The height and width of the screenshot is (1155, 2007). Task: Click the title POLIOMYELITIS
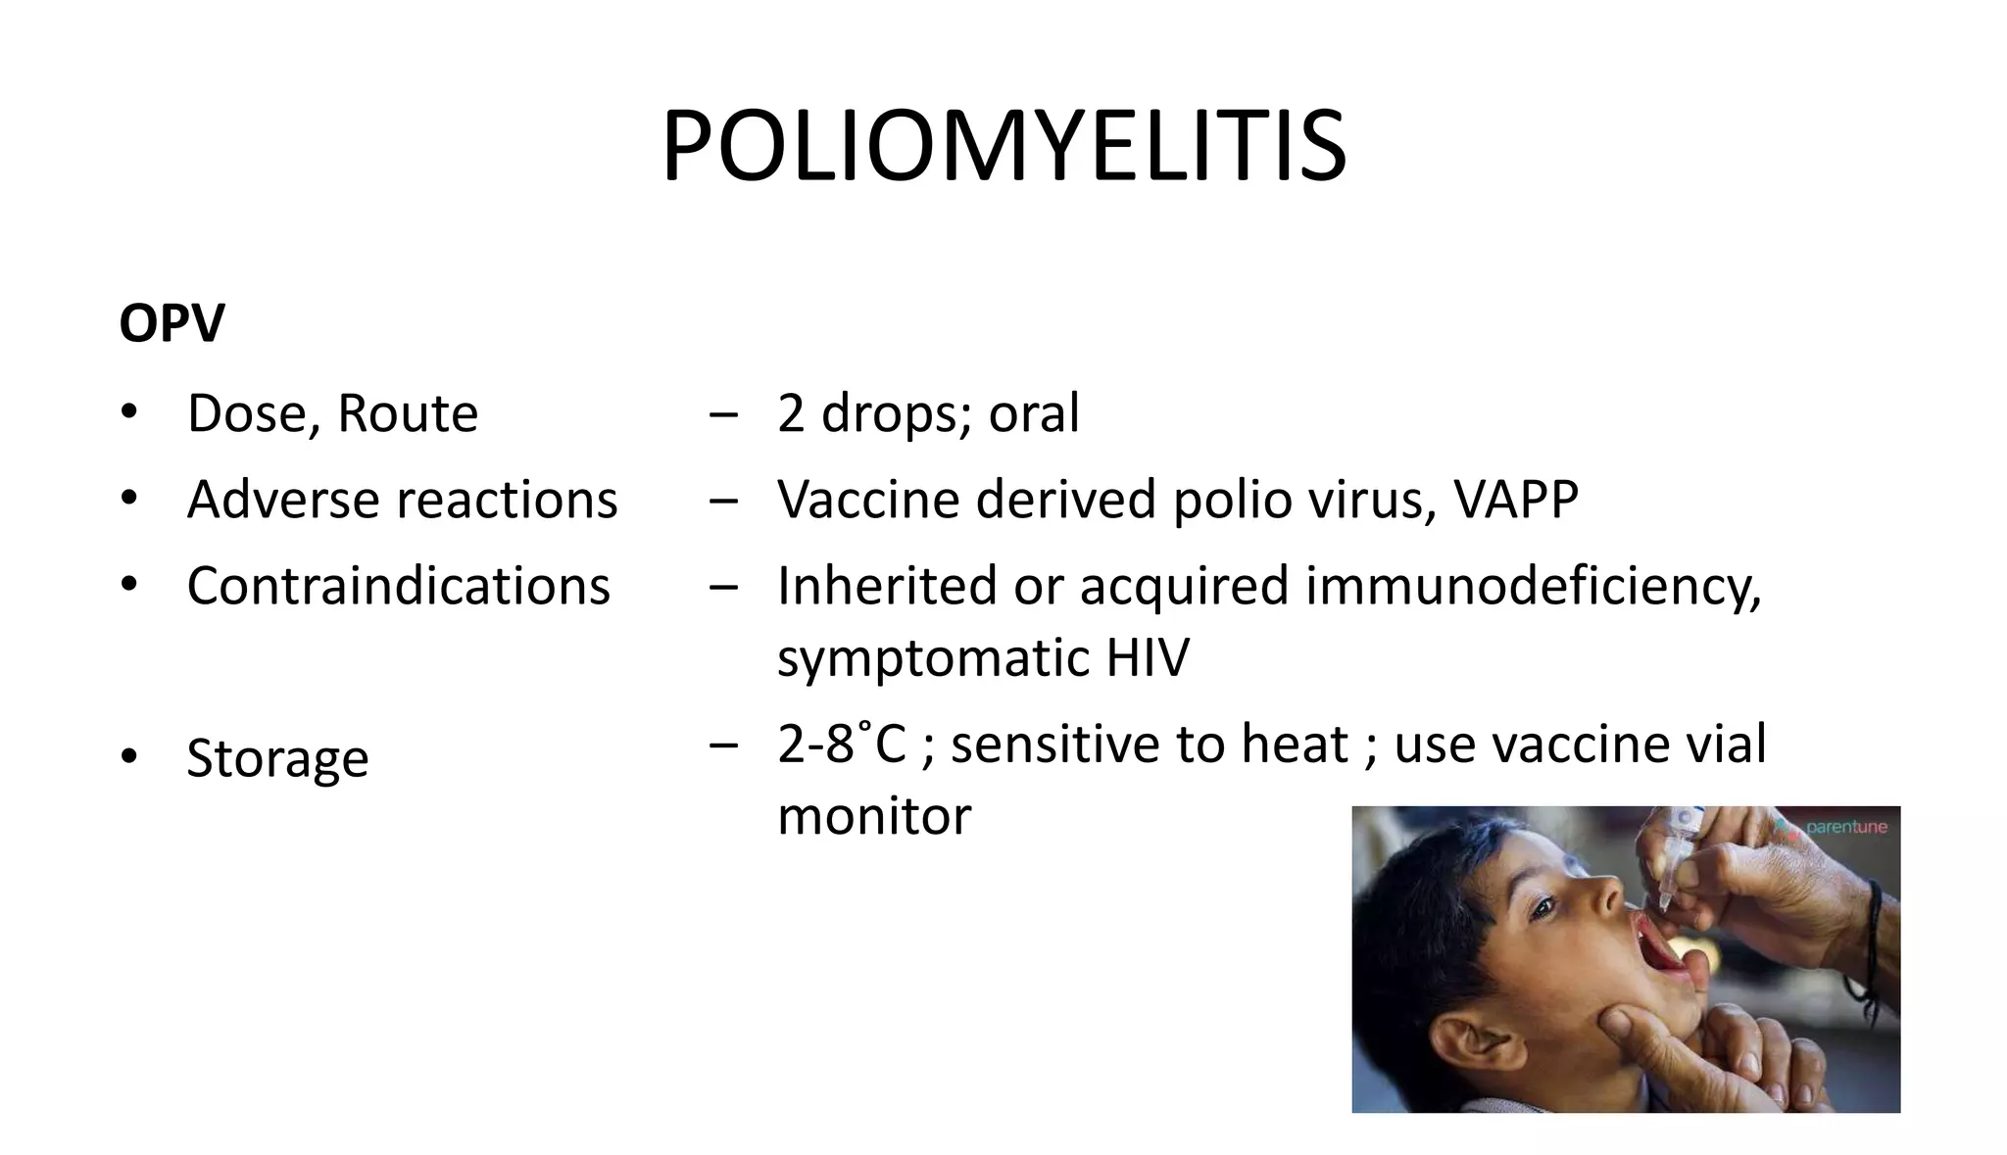(1003, 147)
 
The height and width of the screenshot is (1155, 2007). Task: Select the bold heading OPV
(171, 322)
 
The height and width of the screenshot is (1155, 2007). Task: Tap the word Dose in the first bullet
(246, 413)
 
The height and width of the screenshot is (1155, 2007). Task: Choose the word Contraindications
(398, 586)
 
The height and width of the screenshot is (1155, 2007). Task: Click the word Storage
(277, 758)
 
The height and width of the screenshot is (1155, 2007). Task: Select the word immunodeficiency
(1533, 586)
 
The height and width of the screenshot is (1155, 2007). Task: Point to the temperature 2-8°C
(841, 744)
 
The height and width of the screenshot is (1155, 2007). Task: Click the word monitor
(874, 816)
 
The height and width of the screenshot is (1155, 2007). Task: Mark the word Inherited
(886, 586)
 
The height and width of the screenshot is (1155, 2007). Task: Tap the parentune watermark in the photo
(1844, 827)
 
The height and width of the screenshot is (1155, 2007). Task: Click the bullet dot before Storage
(129, 757)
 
